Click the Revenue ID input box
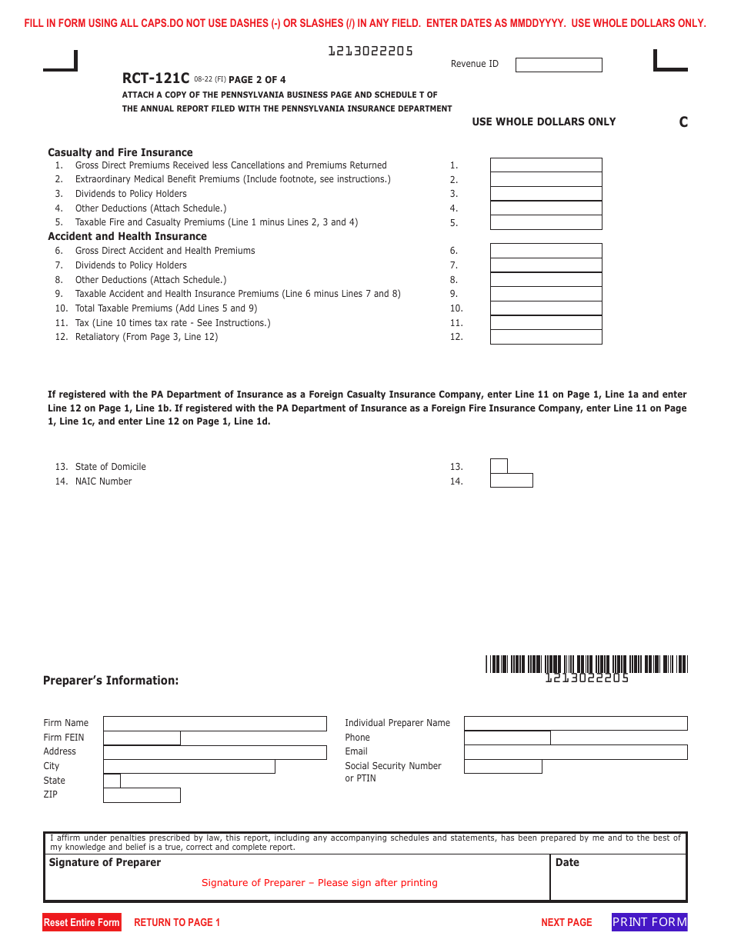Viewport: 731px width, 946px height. click(559, 65)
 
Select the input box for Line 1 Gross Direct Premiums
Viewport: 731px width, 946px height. click(546, 165)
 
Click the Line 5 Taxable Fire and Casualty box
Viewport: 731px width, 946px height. click(546, 222)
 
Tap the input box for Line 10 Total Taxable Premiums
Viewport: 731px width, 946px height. click(546, 308)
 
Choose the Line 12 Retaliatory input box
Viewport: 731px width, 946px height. click(546, 337)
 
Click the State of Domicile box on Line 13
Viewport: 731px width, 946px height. click(499, 466)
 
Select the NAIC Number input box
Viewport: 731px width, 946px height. click(511, 481)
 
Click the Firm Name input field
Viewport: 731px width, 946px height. click(215, 724)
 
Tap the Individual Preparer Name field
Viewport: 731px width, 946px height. click(576, 723)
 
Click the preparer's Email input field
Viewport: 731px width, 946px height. click(576, 752)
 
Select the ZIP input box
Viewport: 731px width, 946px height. click(142, 795)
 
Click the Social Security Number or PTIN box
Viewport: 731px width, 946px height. click(503, 767)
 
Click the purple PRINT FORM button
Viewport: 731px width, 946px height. click(649, 922)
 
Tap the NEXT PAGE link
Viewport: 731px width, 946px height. click(566, 922)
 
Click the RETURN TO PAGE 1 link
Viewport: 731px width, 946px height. click(177, 922)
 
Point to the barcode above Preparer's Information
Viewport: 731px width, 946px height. click(586, 664)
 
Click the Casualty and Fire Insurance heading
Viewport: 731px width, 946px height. click(120, 152)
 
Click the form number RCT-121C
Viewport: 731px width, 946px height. click(155, 78)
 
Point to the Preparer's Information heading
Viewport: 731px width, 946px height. click(111, 681)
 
